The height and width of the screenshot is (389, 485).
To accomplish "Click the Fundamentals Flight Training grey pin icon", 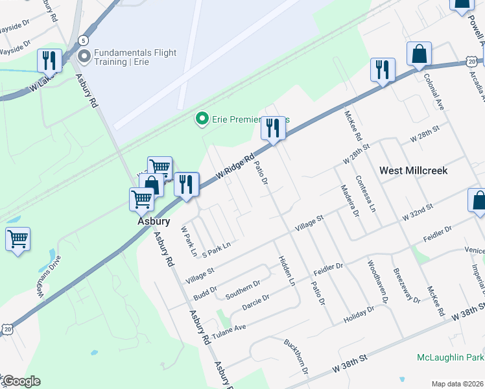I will pos(84,56).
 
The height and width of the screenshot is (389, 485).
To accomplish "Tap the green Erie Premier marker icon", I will pos(202,119).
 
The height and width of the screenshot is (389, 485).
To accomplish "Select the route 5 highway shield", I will pos(83,40).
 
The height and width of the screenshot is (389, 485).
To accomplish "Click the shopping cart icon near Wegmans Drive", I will pos(18,238).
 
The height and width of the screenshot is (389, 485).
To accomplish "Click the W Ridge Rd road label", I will pos(234,168).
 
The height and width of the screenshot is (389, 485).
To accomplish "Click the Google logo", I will pos(21,381).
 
